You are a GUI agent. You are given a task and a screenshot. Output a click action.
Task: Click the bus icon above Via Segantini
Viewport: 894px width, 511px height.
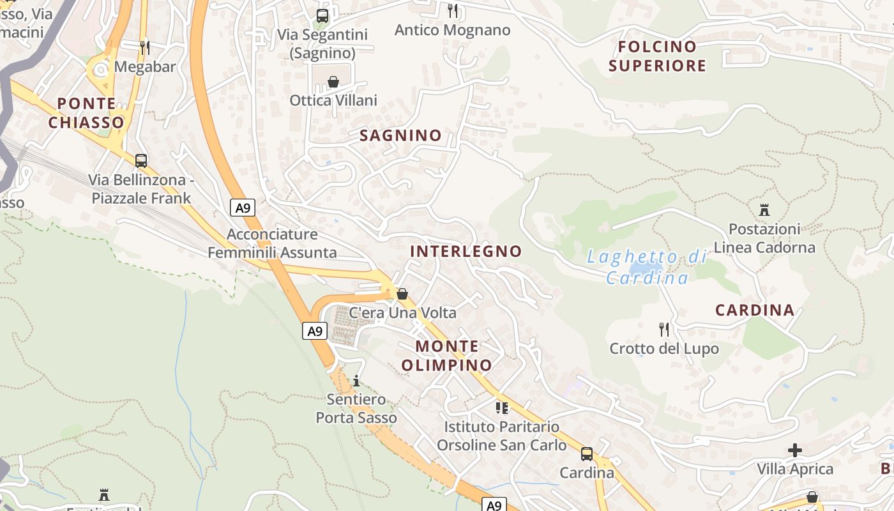(322, 15)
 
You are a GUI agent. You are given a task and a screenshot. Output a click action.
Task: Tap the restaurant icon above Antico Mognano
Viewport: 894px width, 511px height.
(453, 10)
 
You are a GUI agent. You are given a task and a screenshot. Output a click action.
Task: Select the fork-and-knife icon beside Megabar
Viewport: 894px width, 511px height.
(145, 47)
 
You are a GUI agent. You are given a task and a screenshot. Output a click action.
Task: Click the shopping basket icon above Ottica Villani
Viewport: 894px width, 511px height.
(333, 82)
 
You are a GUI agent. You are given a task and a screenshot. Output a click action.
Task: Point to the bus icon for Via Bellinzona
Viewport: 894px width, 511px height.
(141, 160)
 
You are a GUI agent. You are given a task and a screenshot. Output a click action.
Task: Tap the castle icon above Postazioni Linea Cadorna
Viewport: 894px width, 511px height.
(764, 210)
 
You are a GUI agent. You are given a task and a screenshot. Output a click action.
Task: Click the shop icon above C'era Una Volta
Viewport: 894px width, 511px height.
(402, 294)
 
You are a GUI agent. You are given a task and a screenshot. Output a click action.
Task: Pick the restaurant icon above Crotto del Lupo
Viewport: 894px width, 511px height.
(664, 330)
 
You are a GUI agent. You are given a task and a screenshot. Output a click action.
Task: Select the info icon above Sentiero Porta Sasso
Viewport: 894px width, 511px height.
(356, 381)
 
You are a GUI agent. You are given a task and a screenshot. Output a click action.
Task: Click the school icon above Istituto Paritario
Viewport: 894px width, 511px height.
(502, 408)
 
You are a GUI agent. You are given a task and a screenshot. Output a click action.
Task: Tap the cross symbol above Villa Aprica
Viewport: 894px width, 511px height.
(795, 450)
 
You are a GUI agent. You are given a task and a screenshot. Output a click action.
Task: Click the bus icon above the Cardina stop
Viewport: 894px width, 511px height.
(587, 454)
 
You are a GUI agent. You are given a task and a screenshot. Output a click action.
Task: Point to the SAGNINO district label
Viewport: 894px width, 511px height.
(400, 135)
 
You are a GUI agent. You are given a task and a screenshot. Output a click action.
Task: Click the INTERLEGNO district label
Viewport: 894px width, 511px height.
(466, 251)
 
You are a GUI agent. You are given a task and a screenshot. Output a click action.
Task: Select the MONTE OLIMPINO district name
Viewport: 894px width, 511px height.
(447, 356)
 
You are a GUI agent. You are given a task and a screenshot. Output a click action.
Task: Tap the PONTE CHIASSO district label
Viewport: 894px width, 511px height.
(86, 113)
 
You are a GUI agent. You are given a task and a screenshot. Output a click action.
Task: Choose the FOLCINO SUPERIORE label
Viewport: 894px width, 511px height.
(657, 56)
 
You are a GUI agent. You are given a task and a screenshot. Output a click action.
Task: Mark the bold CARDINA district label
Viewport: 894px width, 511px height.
(755, 310)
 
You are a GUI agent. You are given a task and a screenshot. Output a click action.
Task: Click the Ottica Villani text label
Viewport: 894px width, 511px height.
(333, 100)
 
